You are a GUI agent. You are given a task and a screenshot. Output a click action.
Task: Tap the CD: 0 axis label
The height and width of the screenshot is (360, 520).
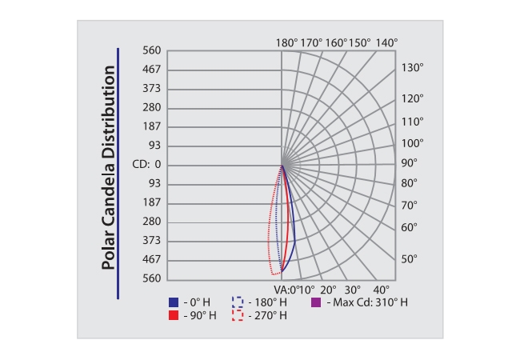click(146, 165)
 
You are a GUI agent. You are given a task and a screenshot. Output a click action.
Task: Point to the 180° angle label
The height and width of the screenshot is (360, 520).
click(286, 42)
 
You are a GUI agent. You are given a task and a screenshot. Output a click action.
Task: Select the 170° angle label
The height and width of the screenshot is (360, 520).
click(312, 42)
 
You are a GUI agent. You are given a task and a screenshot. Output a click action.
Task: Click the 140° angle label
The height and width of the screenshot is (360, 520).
click(386, 42)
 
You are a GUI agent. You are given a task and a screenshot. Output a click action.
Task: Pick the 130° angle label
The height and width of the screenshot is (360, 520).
click(412, 67)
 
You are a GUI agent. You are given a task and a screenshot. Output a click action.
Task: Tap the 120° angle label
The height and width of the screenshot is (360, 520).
click(412, 98)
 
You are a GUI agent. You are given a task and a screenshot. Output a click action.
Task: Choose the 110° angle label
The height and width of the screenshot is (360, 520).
click(412, 122)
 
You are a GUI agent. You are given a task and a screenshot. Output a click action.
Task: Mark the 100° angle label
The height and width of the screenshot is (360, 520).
click(412, 143)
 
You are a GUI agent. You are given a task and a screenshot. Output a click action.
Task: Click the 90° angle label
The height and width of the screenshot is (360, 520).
click(410, 162)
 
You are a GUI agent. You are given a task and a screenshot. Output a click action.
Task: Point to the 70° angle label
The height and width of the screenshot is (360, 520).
click(410, 205)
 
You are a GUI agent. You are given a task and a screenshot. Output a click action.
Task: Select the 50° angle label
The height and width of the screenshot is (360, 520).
click(410, 258)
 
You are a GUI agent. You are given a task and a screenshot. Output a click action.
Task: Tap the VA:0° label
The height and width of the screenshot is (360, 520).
click(286, 290)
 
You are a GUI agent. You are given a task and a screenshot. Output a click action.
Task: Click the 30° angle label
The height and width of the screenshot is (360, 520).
click(354, 290)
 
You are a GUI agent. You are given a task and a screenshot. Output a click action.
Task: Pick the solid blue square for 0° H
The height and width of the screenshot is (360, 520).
click(174, 302)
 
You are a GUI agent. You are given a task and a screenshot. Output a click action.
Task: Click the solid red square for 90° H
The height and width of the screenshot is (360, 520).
click(174, 316)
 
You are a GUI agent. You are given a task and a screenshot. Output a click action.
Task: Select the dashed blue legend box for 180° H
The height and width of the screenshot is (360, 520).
click(237, 302)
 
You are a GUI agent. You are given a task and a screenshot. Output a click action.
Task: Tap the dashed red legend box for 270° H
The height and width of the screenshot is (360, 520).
click(237, 316)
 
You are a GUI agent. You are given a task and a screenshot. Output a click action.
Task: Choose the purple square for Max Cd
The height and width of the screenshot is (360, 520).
click(315, 302)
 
